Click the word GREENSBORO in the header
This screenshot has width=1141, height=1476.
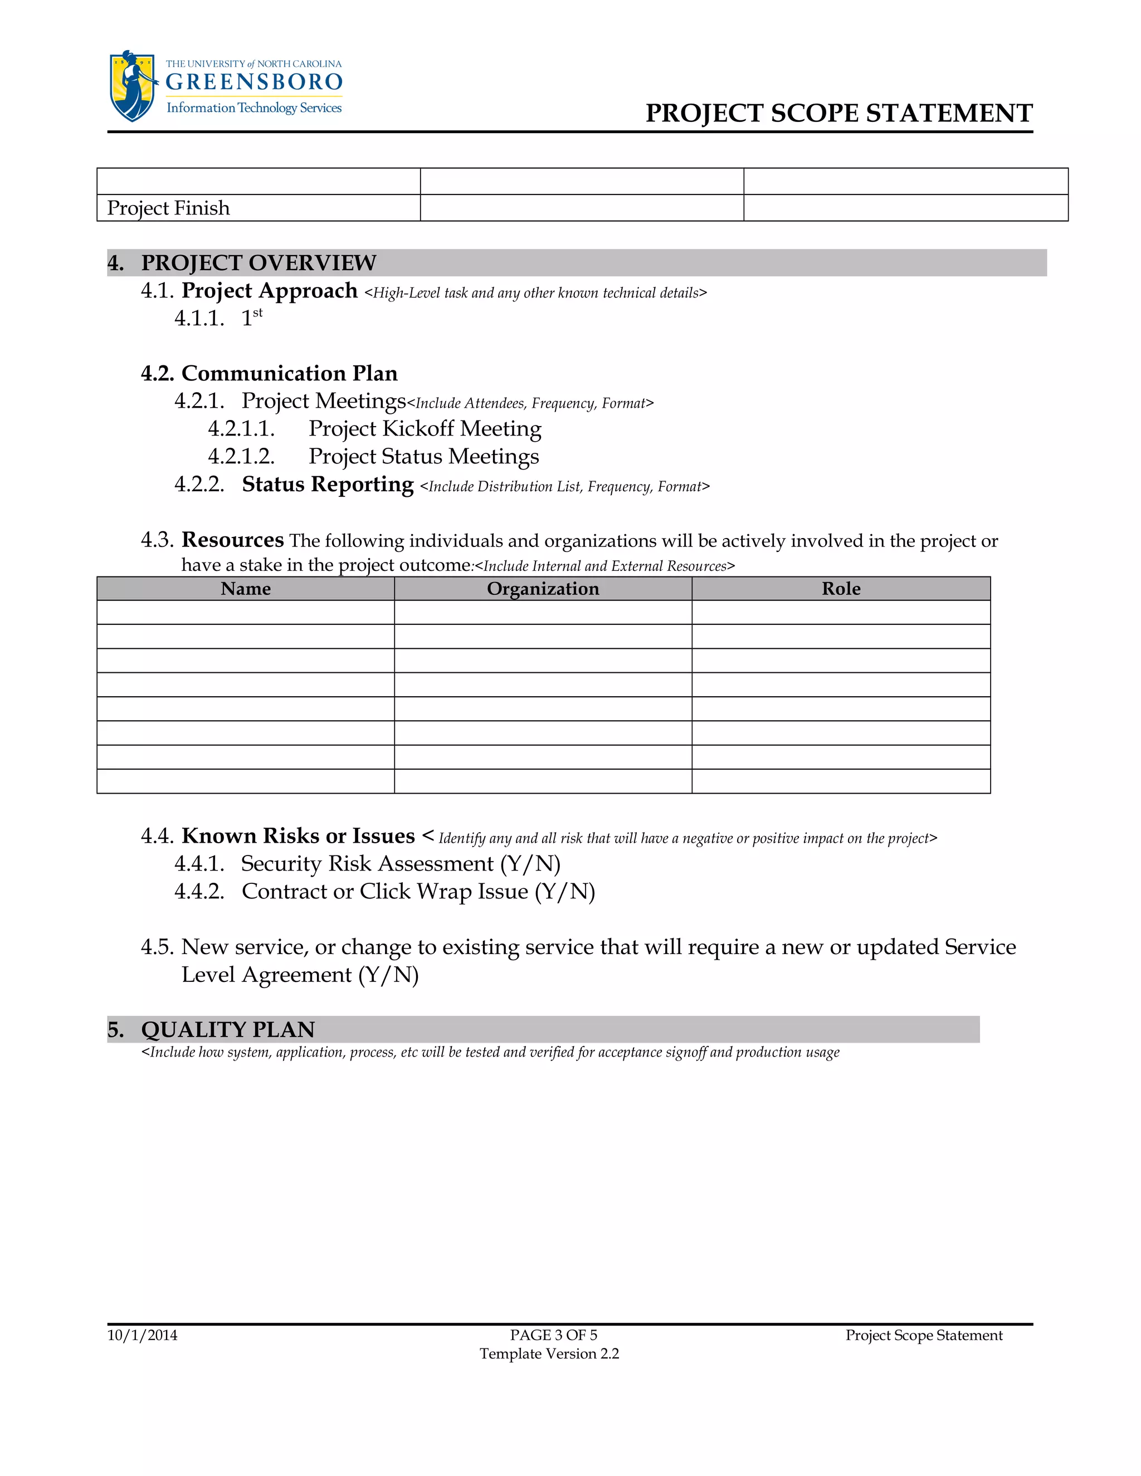click(x=254, y=82)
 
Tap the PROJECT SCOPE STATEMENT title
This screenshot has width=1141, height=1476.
click(x=839, y=113)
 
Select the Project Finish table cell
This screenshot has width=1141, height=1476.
click(x=169, y=208)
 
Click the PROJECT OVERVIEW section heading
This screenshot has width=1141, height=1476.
click(x=258, y=263)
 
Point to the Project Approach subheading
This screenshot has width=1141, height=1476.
click(x=269, y=291)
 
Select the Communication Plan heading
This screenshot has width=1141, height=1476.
click(x=289, y=373)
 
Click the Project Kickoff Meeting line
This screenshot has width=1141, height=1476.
click(x=425, y=428)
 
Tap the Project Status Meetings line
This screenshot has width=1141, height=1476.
click(x=423, y=456)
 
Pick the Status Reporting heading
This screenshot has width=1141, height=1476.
click(x=327, y=485)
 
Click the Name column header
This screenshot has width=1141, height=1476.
click(x=245, y=589)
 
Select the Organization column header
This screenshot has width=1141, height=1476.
click(x=543, y=589)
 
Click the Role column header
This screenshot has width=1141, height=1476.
click(x=841, y=589)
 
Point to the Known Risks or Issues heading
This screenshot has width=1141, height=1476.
click(x=298, y=836)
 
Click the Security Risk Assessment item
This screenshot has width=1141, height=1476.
click(x=400, y=864)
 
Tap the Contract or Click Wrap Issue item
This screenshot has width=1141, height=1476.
click(x=418, y=891)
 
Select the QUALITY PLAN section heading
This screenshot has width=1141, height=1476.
click(x=228, y=1029)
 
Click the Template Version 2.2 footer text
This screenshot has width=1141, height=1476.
click(x=549, y=1353)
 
